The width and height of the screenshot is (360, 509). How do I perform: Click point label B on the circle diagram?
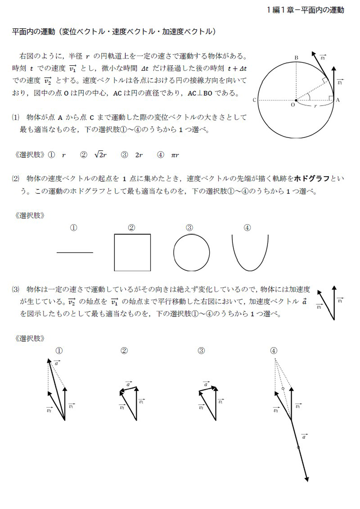296,57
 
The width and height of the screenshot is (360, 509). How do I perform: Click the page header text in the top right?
306,10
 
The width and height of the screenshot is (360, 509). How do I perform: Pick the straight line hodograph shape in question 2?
75,252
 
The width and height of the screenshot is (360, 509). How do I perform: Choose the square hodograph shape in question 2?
132,252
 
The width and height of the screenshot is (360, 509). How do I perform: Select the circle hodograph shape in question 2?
192,253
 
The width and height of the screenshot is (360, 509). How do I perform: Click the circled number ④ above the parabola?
247,228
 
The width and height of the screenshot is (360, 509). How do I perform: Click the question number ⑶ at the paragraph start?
16,289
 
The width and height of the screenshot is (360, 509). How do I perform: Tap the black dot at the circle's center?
296,100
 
